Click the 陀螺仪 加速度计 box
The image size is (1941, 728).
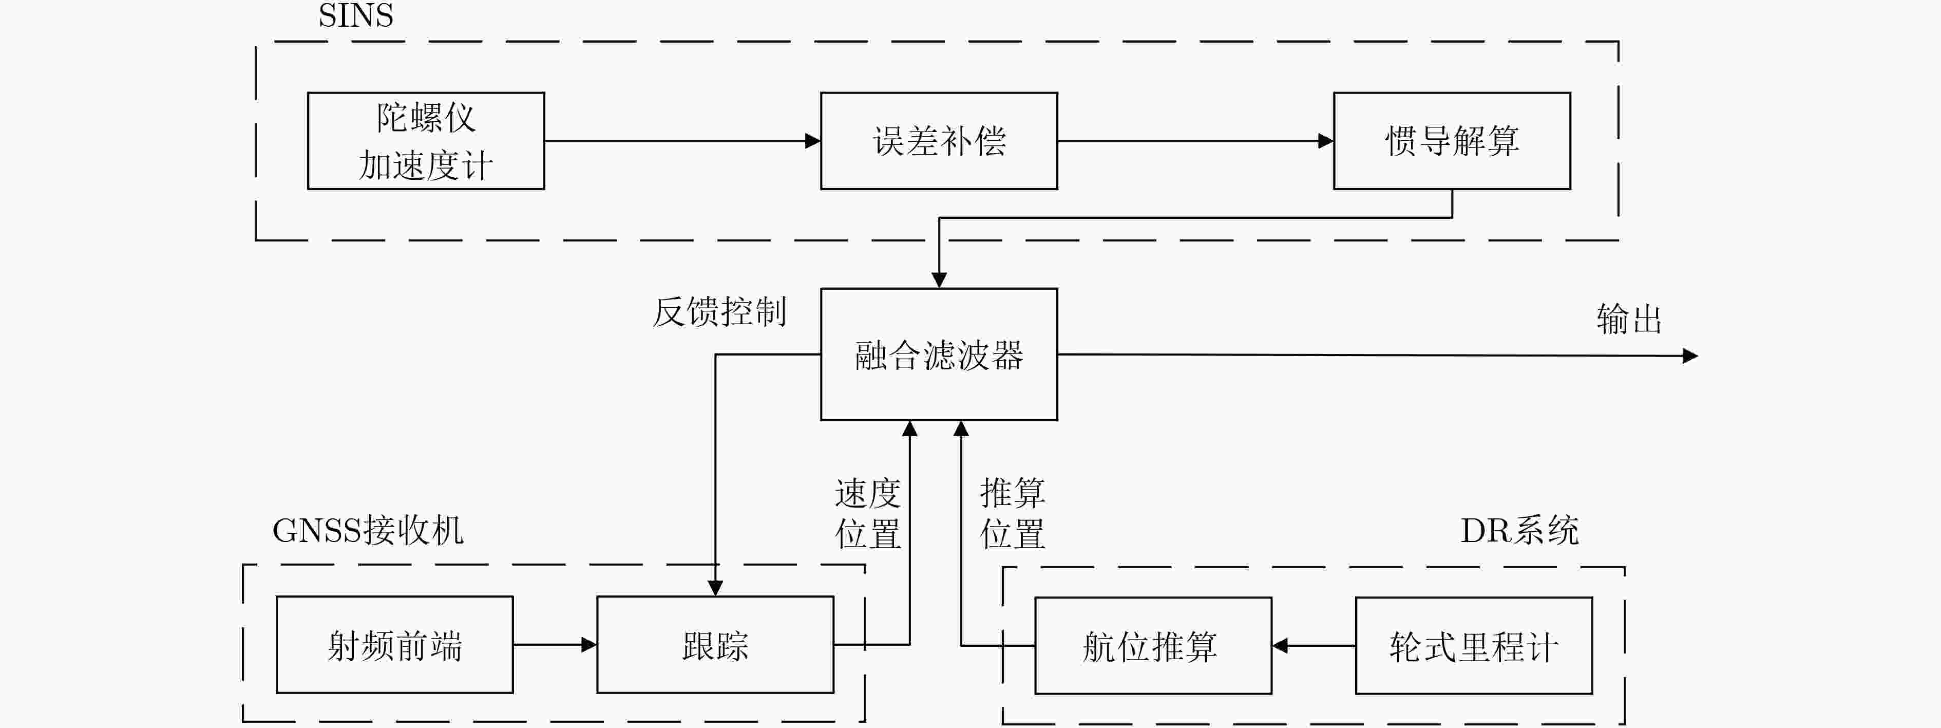[426, 141]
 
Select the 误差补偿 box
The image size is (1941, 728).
[939, 141]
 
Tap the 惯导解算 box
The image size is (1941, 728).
[1452, 141]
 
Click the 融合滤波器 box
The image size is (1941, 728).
[939, 354]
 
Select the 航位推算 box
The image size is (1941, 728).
[1153, 646]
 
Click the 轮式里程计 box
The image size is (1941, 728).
[1474, 646]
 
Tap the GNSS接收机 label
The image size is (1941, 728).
[368, 531]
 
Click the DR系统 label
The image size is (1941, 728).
[1519, 531]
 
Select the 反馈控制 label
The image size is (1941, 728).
[719, 312]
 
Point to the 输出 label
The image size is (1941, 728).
[1629, 319]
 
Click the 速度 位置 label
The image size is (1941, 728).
[867, 514]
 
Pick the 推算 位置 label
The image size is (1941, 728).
[1012, 514]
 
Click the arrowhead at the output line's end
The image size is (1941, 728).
[1690, 356]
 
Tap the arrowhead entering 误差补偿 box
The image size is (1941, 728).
[813, 141]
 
